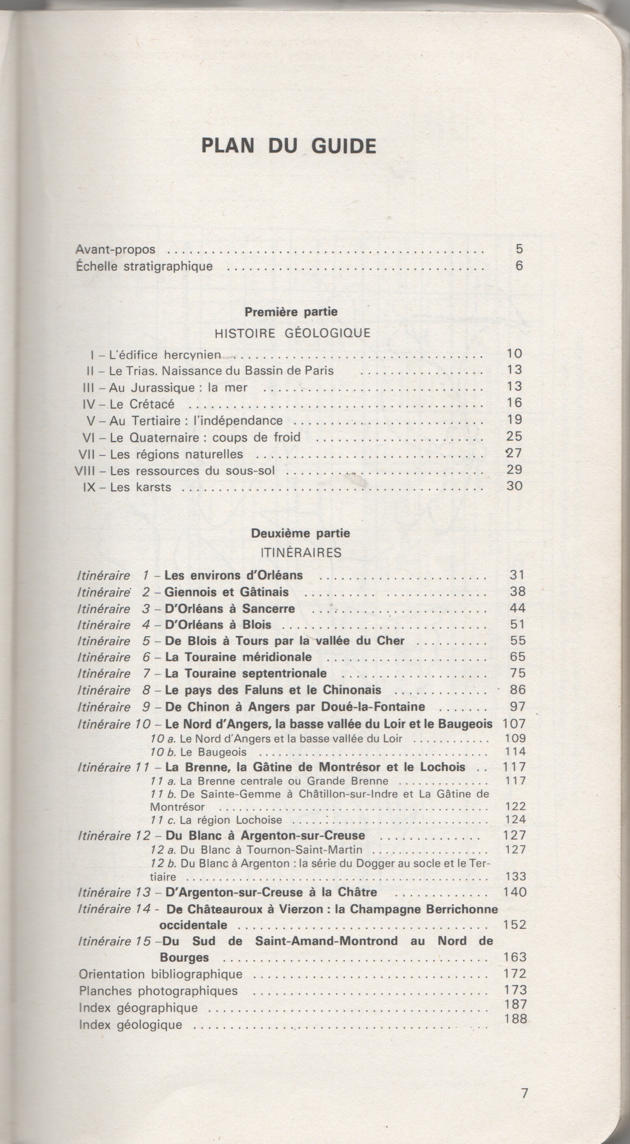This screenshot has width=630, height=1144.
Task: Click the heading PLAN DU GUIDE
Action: click(x=289, y=146)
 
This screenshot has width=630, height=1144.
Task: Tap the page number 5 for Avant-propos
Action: click(x=520, y=249)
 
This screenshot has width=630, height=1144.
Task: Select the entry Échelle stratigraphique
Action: click(x=144, y=267)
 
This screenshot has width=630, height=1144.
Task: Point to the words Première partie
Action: click(x=291, y=312)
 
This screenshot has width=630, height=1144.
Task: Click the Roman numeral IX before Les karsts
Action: click(x=90, y=487)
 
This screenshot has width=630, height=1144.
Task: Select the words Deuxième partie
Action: click(x=301, y=533)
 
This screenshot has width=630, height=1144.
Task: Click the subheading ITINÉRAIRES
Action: click(x=301, y=553)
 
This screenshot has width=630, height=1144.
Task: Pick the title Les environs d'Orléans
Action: click(x=234, y=575)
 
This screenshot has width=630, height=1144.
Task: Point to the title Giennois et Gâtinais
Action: click(x=226, y=592)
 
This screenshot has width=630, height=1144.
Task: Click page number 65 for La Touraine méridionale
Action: click(x=518, y=657)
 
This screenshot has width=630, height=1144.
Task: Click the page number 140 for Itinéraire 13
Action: click(x=515, y=892)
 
